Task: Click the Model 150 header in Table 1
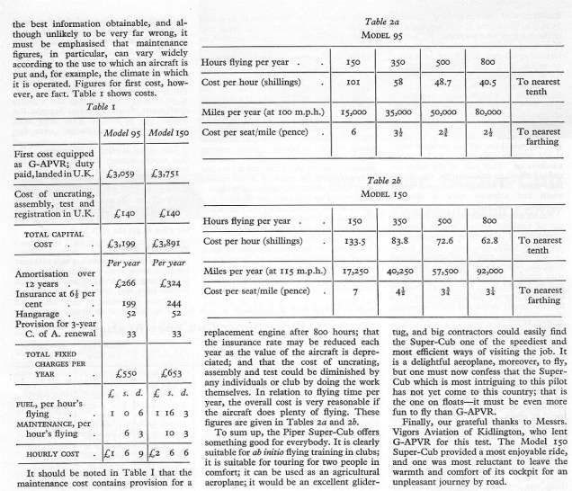[x=167, y=120]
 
